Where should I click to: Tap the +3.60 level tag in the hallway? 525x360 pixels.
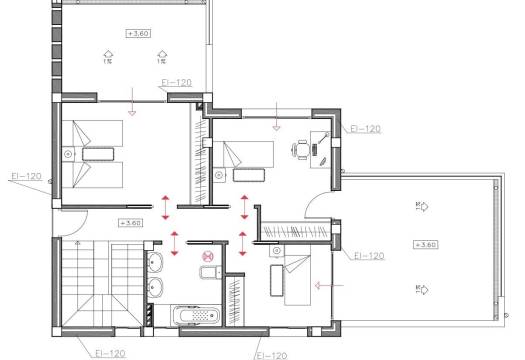130,222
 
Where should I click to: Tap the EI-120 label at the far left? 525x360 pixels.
26,176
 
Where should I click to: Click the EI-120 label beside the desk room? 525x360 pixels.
365,129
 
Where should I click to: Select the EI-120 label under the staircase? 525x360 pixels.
105,352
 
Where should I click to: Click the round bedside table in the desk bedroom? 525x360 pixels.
219,176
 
